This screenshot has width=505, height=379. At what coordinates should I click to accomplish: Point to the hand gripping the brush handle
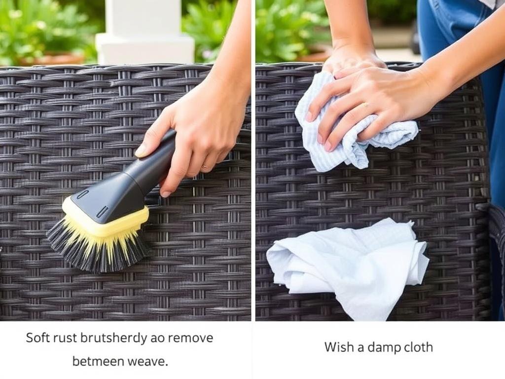click(197, 133)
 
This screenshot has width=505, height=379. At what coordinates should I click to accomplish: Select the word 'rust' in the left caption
click(66, 338)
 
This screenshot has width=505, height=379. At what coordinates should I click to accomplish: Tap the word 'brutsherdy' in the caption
click(114, 338)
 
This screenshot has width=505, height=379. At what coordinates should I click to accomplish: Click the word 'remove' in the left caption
click(190, 338)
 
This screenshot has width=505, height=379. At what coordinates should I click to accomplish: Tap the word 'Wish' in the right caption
click(338, 347)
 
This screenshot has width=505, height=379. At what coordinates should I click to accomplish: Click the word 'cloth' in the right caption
click(416, 347)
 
